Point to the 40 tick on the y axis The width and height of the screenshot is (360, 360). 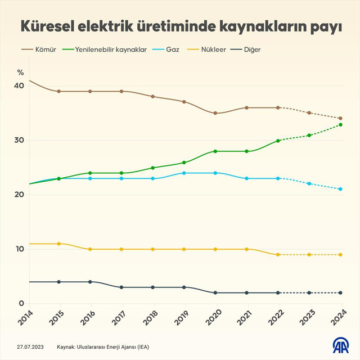coord(19,85)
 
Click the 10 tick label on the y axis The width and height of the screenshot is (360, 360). coord(19,249)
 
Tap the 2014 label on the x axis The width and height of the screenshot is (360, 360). coord(25,321)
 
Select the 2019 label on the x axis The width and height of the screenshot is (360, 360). coord(181,321)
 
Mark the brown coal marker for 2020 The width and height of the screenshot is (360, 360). coord(215,113)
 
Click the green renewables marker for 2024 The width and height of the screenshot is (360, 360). coord(341,125)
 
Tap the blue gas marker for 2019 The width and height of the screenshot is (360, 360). coord(184,173)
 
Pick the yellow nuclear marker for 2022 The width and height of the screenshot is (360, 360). coord(278,255)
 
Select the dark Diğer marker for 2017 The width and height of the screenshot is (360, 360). coord(121,287)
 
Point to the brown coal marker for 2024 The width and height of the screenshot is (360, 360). coord(341,119)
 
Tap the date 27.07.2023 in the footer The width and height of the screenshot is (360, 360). coord(31,347)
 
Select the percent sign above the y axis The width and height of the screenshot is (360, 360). coord(20,72)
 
